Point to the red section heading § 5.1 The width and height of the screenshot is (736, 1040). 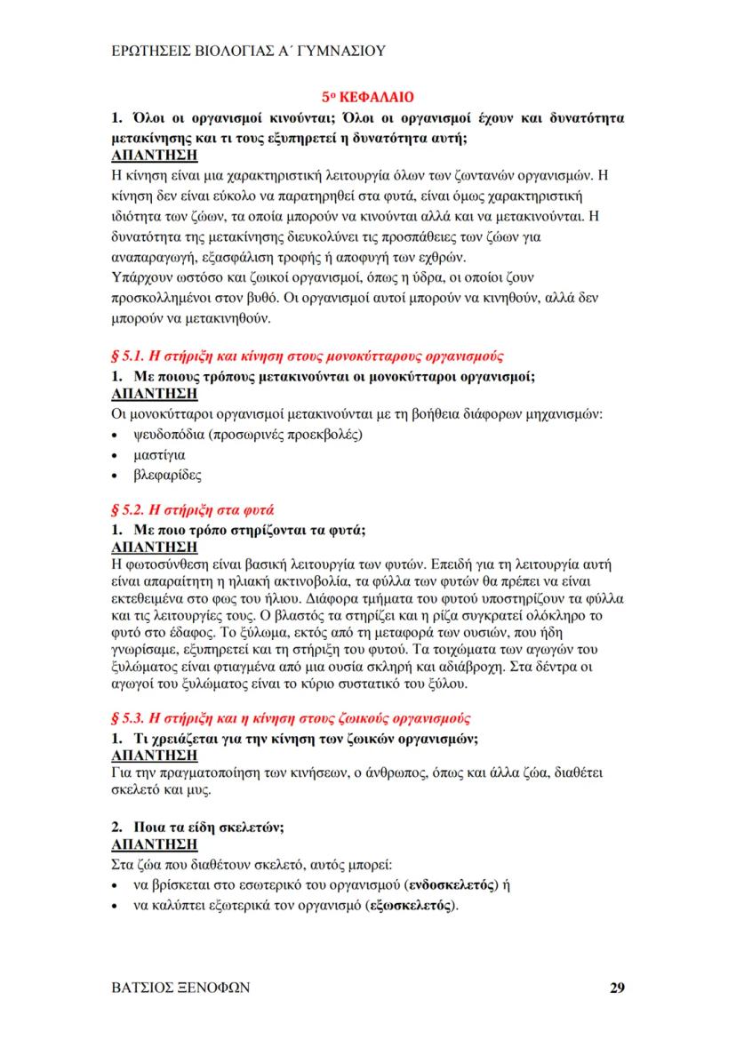(306, 356)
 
